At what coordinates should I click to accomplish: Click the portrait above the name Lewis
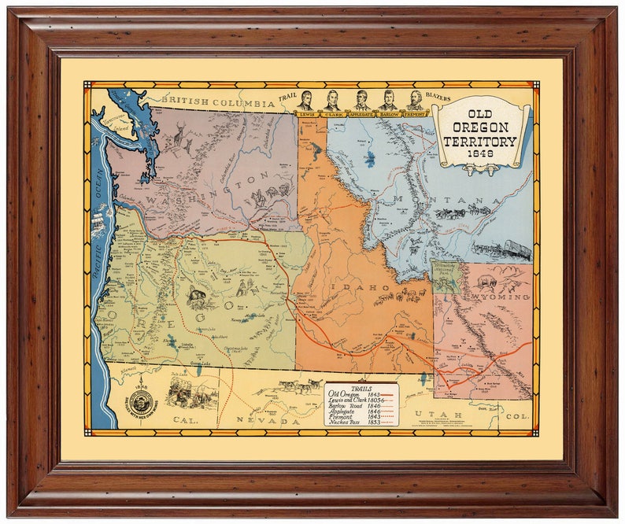(306, 100)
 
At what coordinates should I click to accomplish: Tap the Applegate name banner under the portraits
(361, 114)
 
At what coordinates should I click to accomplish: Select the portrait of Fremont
(415, 100)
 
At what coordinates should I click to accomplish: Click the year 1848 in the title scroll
(479, 155)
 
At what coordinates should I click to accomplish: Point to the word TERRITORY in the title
(479, 141)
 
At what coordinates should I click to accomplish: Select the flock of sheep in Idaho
(398, 297)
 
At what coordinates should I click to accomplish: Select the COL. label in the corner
(517, 415)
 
